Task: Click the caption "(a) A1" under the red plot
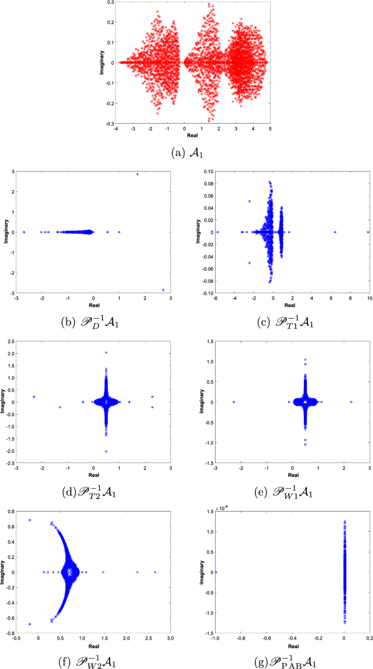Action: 186,154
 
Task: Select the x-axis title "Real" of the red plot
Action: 192,135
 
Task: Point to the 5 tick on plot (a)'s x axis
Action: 270,129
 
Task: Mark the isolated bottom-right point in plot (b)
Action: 163,290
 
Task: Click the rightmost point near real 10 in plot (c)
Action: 368,232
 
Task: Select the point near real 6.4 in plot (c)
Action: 335,232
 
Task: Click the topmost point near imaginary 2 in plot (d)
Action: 106,352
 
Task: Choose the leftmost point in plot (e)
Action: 234,402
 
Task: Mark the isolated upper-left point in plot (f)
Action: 30,520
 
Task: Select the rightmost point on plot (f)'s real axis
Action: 155,572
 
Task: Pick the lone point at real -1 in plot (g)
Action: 216,572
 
